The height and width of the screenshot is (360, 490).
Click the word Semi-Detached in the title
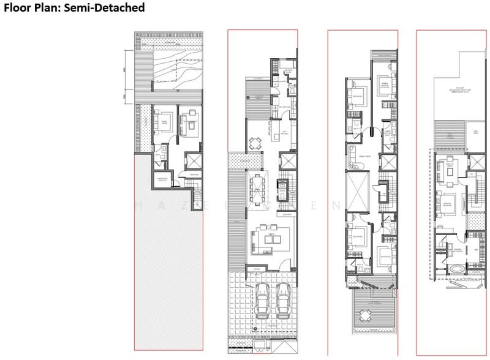pyautogui.click(x=108, y=8)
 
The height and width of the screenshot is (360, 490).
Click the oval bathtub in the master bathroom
pyautogui.click(x=456, y=269)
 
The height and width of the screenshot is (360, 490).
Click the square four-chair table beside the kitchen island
pyautogui.click(x=255, y=144)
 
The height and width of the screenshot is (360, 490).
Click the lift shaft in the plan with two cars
pyautogui.click(x=287, y=162)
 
